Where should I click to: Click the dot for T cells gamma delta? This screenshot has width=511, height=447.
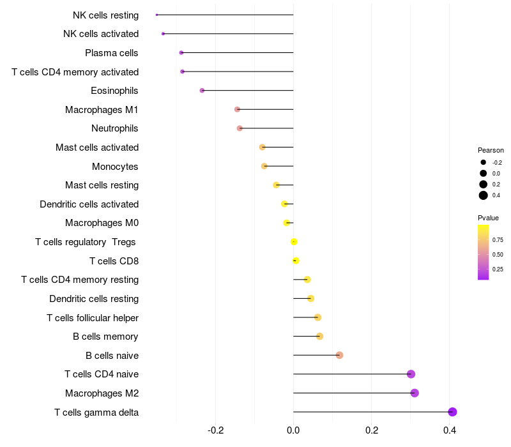coord(452,412)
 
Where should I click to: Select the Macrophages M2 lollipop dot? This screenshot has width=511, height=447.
coord(415,393)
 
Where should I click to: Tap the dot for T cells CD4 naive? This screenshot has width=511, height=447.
coord(411,374)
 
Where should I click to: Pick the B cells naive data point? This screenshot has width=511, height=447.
coord(339,355)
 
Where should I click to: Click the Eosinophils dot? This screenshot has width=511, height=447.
coord(202,91)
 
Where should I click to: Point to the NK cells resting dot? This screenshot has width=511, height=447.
coord(156,15)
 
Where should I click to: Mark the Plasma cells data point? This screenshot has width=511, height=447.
coord(181,52)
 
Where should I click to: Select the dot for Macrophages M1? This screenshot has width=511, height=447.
coord(237,109)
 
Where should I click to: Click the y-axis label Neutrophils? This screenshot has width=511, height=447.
coord(115,128)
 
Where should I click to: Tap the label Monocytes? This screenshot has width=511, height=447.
coord(115,166)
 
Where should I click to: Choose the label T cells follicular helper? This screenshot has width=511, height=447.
coord(93,317)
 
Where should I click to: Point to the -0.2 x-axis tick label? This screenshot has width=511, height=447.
coord(215,430)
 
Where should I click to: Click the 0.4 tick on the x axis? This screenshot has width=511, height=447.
coord(450,430)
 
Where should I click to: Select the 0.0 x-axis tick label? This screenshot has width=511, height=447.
coord(293,430)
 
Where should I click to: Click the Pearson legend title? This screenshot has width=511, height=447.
coord(491,150)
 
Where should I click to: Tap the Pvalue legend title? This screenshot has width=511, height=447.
coord(489,218)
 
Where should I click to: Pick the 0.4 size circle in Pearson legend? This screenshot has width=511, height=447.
coord(484,195)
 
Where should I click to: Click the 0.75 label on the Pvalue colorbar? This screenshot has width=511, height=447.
coord(498,240)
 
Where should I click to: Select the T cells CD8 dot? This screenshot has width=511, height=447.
coord(295,261)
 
